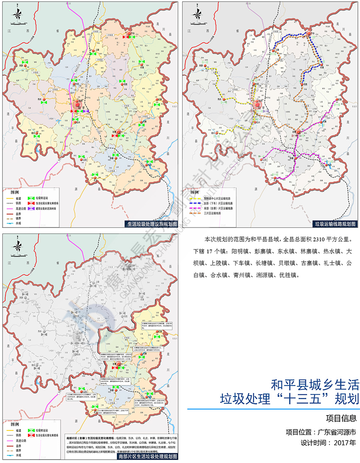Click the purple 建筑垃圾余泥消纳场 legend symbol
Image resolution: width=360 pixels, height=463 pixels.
31,209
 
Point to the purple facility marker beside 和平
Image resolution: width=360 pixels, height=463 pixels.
86,111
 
